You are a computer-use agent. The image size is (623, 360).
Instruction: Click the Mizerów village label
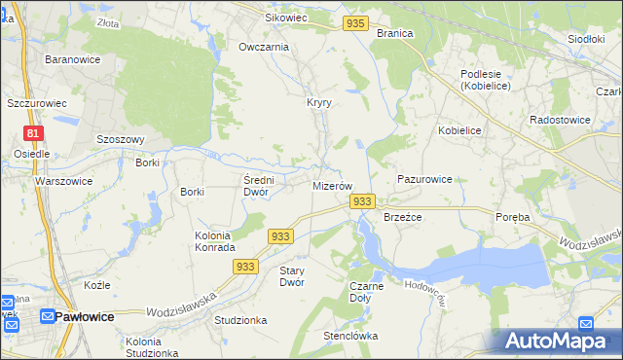331,185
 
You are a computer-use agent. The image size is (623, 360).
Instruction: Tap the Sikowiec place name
286,18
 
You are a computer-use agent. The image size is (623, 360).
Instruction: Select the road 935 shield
356,23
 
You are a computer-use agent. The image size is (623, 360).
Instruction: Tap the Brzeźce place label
402,218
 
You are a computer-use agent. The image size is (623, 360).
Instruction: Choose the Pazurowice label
424,180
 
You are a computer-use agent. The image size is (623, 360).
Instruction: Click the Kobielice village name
459,130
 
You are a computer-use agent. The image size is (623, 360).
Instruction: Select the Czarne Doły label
366,293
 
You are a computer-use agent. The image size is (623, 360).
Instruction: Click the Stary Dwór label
292,276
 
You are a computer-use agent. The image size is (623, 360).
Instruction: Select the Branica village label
394,33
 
